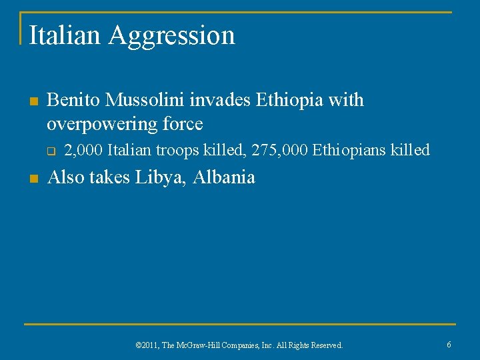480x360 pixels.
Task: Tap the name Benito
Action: click(73, 100)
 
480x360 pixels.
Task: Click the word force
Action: click(182, 124)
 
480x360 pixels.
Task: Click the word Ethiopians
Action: click(346, 151)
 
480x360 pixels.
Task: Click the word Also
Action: click(66, 177)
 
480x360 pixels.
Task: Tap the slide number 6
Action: click(449, 345)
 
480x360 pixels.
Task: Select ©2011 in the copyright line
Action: click(145, 345)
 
